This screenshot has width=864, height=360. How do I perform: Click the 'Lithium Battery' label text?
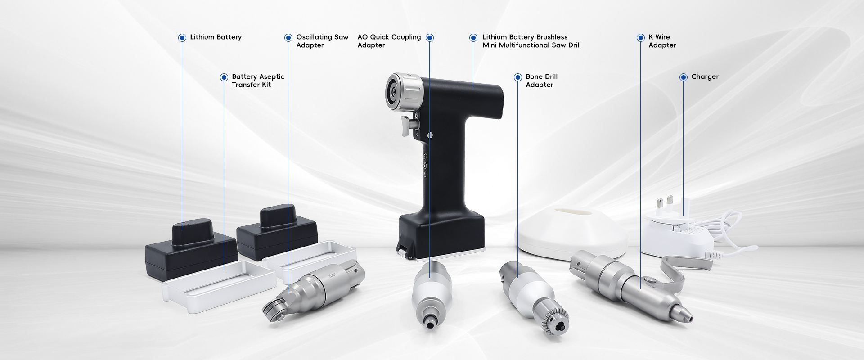216,37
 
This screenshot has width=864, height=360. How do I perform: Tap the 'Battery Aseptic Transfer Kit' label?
258,81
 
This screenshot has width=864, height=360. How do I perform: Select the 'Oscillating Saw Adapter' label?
322,41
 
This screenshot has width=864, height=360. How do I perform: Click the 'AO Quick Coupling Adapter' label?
389,41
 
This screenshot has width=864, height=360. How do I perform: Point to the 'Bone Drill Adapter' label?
541,81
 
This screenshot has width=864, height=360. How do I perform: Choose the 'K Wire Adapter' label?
662,41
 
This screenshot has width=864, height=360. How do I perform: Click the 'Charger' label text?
705,77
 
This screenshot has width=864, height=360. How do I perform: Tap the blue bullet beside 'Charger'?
683,77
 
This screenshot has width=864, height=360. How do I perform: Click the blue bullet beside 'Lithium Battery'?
182,38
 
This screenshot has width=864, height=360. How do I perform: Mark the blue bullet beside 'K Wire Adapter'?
640,38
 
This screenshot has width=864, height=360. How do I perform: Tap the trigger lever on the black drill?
408,125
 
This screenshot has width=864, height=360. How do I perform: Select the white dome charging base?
570,230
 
